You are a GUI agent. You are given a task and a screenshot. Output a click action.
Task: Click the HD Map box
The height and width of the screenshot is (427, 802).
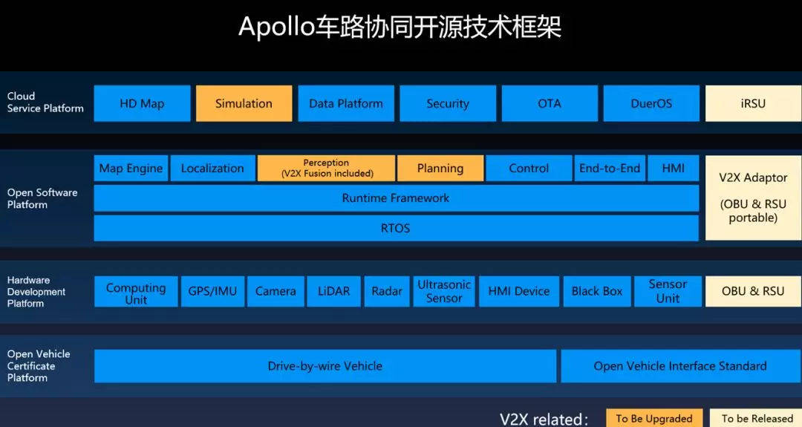tap(142, 103)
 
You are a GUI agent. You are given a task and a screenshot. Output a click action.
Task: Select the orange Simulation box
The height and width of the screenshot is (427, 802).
tap(244, 103)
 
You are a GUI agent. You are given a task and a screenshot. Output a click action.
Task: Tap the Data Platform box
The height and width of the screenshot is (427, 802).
tap(346, 103)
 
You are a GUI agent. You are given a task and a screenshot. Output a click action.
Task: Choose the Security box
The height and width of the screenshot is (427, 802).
tap(448, 103)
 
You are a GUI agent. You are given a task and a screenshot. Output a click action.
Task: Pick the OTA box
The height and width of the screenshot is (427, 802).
tap(550, 103)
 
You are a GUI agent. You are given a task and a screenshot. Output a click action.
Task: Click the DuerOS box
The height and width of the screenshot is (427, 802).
tap(651, 103)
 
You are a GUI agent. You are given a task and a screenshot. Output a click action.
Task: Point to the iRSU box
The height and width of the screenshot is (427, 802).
tap(753, 103)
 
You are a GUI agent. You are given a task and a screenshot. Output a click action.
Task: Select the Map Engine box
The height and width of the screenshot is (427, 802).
tap(131, 168)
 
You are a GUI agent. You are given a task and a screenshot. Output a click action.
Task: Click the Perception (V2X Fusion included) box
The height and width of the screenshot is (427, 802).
tap(326, 168)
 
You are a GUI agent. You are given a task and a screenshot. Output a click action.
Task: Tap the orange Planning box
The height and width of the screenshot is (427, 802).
tap(440, 168)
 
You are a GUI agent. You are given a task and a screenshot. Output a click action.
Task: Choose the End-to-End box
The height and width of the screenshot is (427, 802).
tap(610, 168)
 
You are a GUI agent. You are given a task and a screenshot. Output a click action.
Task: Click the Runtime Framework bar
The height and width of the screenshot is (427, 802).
tap(396, 198)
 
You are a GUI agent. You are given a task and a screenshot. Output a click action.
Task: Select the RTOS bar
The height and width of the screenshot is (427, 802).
tap(396, 228)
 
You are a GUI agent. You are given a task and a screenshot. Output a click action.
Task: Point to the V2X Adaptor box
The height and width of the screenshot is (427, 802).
tap(753, 198)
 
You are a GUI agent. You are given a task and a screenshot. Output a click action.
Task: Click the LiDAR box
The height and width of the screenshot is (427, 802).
tap(333, 291)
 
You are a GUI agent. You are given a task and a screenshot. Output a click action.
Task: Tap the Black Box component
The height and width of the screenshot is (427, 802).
tap(597, 291)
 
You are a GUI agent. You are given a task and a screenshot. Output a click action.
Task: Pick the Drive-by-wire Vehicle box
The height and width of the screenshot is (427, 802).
tap(325, 366)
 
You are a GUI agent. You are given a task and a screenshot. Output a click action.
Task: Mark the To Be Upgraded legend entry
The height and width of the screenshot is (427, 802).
tap(653, 418)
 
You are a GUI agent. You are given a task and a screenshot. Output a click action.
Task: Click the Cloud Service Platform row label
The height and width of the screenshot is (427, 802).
tap(45, 102)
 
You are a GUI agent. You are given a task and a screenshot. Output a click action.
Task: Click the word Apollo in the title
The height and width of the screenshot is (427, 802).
tap(271, 27)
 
